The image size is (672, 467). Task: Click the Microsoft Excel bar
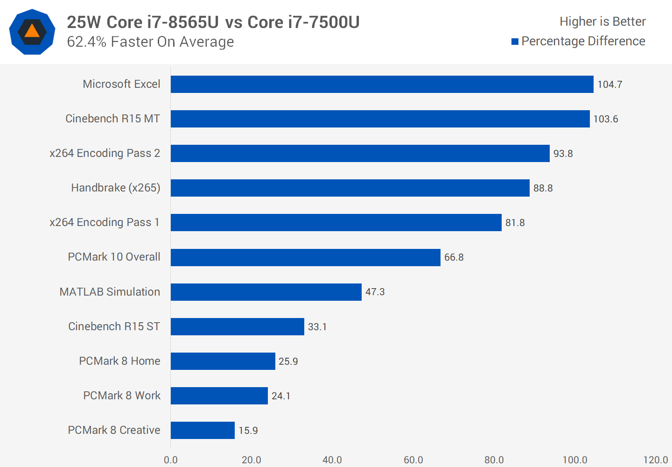pyautogui.click(x=382, y=85)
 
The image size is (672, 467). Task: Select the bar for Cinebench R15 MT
pyautogui.click(x=380, y=119)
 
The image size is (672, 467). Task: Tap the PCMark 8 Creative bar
pyautogui.click(x=203, y=430)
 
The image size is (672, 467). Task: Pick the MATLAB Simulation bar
pyautogui.click(x=266, y=292)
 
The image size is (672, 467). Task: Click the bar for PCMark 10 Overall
pyautogui.click(x=305, y=257)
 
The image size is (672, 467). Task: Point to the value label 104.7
pyautogui.click(x=609, y=85)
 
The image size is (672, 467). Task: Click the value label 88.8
pyautogui.click(x=543, y=188)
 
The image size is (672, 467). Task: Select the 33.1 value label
pyautogui.click(x=317, y=327)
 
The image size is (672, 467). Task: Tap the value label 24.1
pyautogui.click(x=281, y=396)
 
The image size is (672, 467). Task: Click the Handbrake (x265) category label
pyautogui.click(x=115, y=188)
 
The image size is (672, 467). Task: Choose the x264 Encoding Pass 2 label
pyautogui.click(x=105, y=153)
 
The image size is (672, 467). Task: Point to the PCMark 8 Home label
pyautogui.click(x=119, y=361)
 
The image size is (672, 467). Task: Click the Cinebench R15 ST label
pyautogui.click(x=114, y=326)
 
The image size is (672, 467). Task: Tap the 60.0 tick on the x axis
pyautogui.click(x=413, y=460)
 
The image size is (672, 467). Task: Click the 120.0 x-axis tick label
pyautogui.click(x=655, y=460)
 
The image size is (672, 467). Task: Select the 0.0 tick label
pyautogui.click(x=171, y=460)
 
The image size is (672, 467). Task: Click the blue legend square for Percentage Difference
pyautogui.click(x=515, y=42)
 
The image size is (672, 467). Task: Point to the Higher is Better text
pyautogui.click(x=602, y=21)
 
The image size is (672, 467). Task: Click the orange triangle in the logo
pyautogui.click(x=32, y=31)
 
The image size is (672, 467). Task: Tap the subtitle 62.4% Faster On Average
pyautogui.click(x=150, y=42)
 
